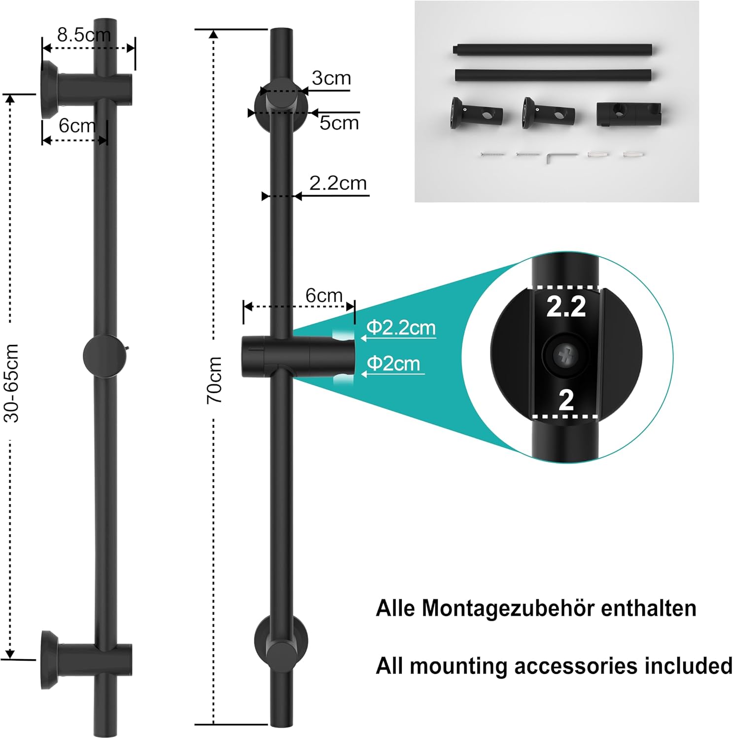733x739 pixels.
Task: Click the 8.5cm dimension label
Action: point(84,35)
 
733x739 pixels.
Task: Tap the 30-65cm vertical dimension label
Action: point(12,383)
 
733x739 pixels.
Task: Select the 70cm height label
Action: point(214,380)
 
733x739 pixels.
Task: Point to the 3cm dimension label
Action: point(331,78)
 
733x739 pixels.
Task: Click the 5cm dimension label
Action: point(339,123)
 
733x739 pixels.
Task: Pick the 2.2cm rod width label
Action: point(338,183)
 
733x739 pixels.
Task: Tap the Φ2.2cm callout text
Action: point(401,328)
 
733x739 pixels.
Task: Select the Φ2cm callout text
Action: point(394,364)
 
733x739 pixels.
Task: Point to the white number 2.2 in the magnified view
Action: point(566,306)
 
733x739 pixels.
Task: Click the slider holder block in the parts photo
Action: point(628,115)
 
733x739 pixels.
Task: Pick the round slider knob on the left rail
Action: point(103,355)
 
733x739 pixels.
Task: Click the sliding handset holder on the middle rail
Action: point(298,356)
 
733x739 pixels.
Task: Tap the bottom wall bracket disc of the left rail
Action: point(49,659)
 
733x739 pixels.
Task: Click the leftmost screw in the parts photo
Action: point(492,155)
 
